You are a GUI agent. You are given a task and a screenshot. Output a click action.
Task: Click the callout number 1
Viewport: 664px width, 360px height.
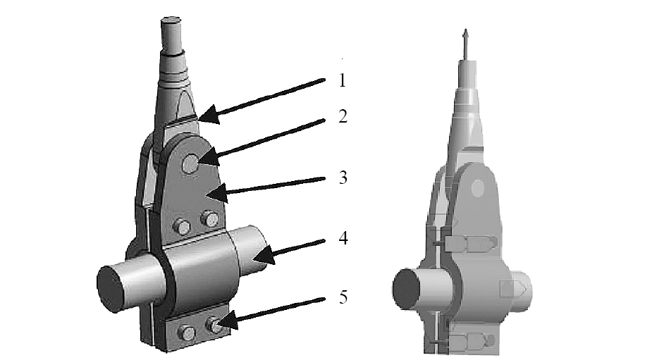343,80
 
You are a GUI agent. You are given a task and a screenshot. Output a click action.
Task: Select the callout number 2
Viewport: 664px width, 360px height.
343,116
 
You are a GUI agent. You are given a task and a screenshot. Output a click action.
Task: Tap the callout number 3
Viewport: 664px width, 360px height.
343,178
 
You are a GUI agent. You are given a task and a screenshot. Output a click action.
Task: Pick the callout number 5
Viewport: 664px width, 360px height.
343,297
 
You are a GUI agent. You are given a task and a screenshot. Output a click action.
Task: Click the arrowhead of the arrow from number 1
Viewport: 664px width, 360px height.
209,115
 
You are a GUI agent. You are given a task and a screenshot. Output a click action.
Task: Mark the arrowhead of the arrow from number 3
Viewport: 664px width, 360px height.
216,194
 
